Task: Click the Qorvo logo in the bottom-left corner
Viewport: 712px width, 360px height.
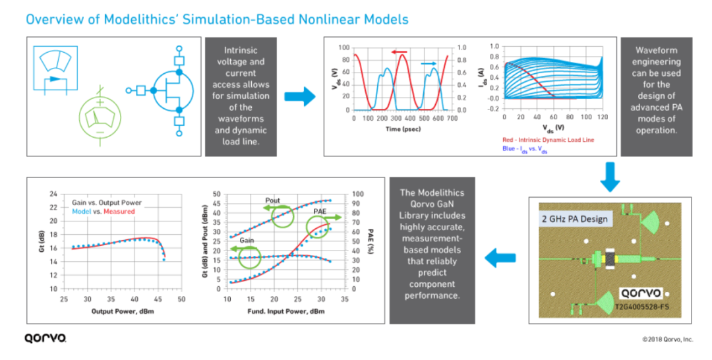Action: click(45, 338)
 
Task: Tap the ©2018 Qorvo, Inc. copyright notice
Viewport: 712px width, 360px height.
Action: click(667, 339)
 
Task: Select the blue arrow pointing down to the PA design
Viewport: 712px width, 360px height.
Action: click(610, 177)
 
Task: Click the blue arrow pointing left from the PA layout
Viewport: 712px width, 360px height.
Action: click(500, 258)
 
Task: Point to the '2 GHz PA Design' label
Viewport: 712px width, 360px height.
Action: click(574, 219)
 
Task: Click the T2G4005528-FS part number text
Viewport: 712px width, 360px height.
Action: click(641, 307)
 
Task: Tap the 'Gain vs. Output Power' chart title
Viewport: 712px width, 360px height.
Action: click(107, 202)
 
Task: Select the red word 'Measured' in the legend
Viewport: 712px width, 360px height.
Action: click(119, 211)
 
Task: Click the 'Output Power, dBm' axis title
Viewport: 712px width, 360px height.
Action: click(123, 311)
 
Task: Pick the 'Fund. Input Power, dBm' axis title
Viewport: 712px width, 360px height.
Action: click(286, 311)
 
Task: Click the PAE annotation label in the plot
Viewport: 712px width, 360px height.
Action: click(320, 212)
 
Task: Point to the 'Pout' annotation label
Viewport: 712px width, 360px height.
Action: click(272, 200)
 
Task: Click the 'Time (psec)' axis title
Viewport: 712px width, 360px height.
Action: click(403, 129)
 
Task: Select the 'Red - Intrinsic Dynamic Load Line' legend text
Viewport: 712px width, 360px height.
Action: click(548, 140)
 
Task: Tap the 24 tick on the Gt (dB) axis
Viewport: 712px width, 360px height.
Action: click(53, 195)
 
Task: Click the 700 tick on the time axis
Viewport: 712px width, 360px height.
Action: click(452, 118)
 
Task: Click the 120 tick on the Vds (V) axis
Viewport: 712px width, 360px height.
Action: click(603, 117)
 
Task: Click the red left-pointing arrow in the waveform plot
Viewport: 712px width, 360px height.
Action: click(399, 51)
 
